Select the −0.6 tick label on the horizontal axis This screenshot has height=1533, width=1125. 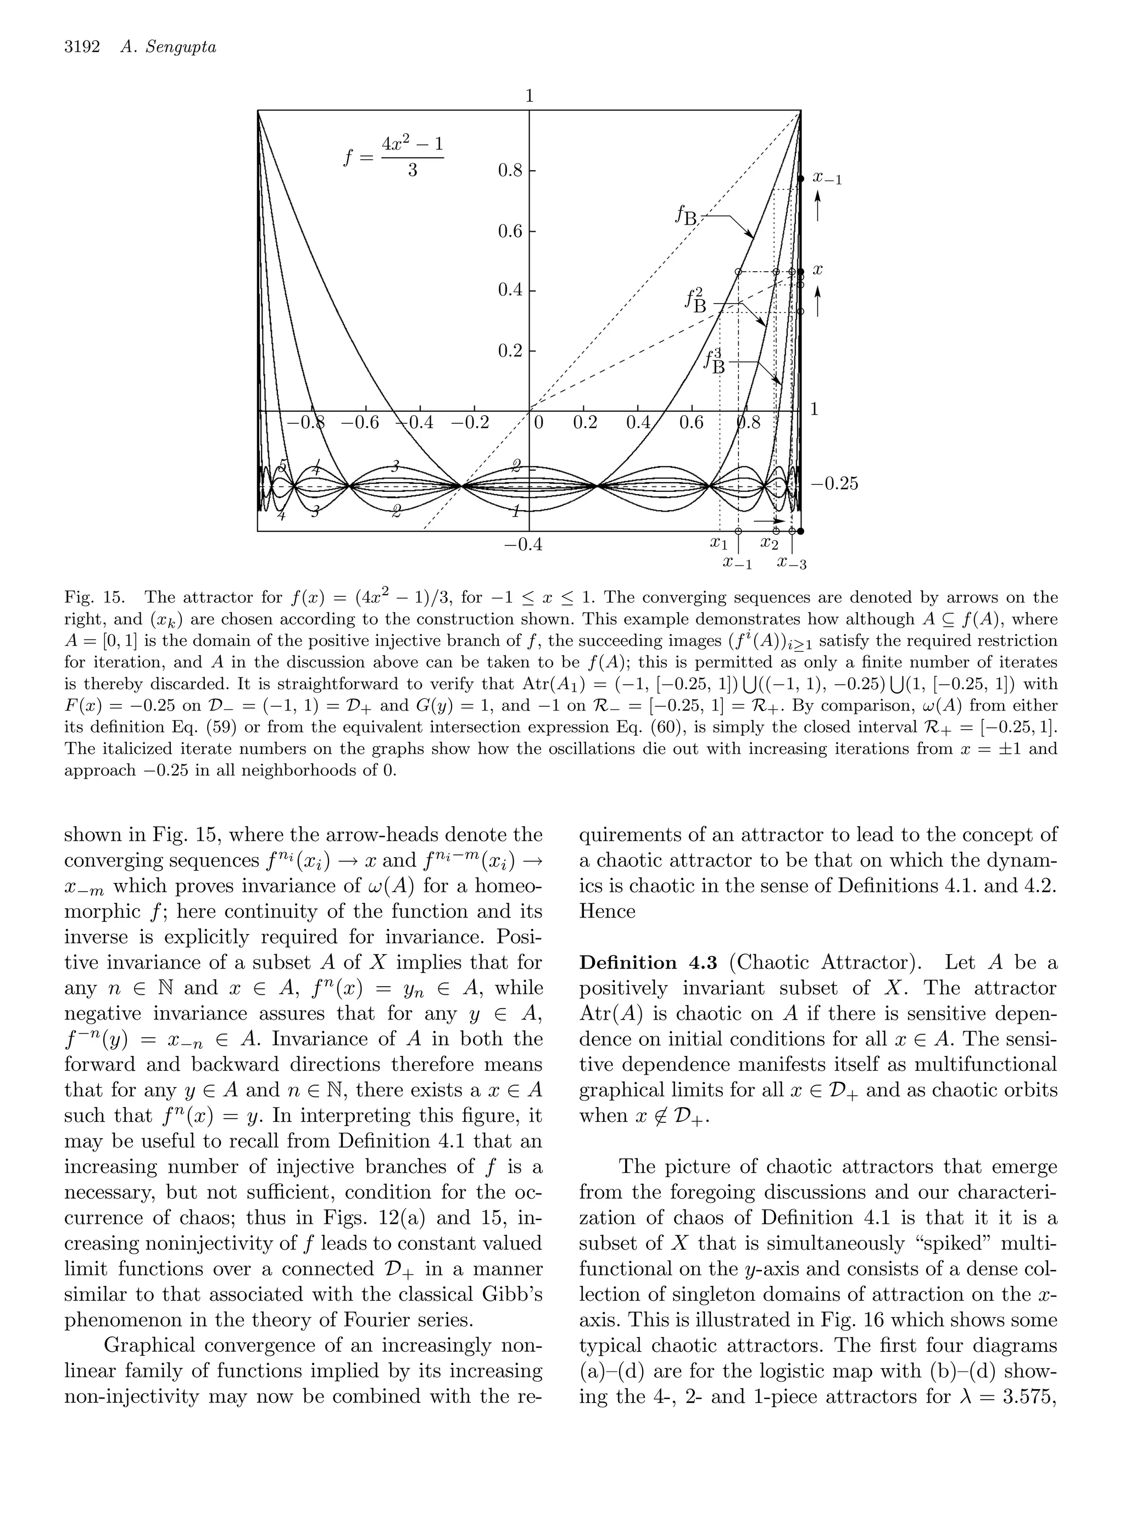tap(360, 423)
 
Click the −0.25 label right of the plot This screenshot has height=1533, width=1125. tap(834, 484)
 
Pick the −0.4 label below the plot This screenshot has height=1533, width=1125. tap(523, 545)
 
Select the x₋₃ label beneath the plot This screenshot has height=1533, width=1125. tap(792, 564)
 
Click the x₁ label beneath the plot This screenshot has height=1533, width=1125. tap(719, 544)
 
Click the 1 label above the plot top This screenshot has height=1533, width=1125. tap(529, 96)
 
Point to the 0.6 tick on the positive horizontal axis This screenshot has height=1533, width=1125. tap(691, 423)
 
